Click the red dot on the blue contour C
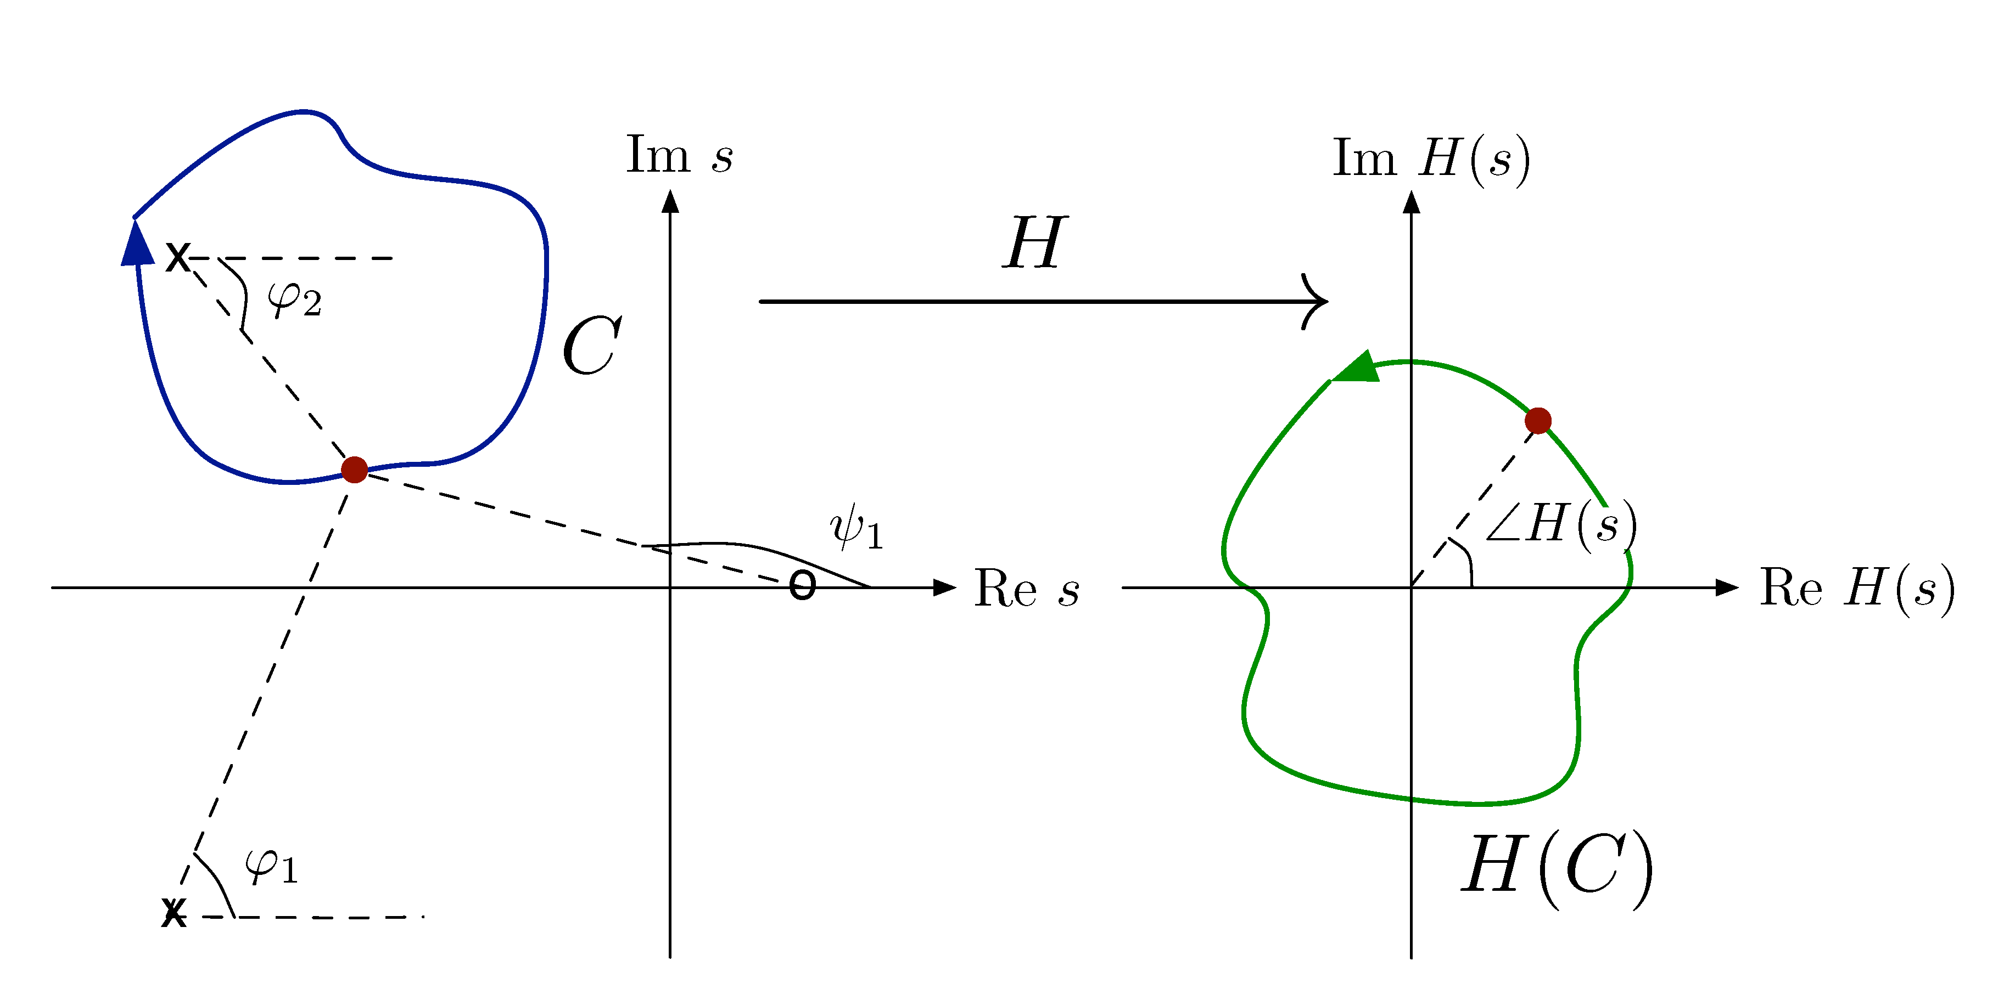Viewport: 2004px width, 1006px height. (355, 470)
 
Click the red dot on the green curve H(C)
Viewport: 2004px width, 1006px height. (1538, 421)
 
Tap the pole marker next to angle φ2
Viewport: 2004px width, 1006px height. (178, 257)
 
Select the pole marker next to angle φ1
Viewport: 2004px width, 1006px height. (174, 913)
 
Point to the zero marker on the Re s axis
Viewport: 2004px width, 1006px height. (802, 585)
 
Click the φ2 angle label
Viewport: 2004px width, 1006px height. (294, 299)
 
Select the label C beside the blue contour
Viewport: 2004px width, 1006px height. (591, 346)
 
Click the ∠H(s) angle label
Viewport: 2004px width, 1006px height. (1560, 525)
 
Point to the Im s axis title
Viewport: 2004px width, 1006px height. (679, 155)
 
